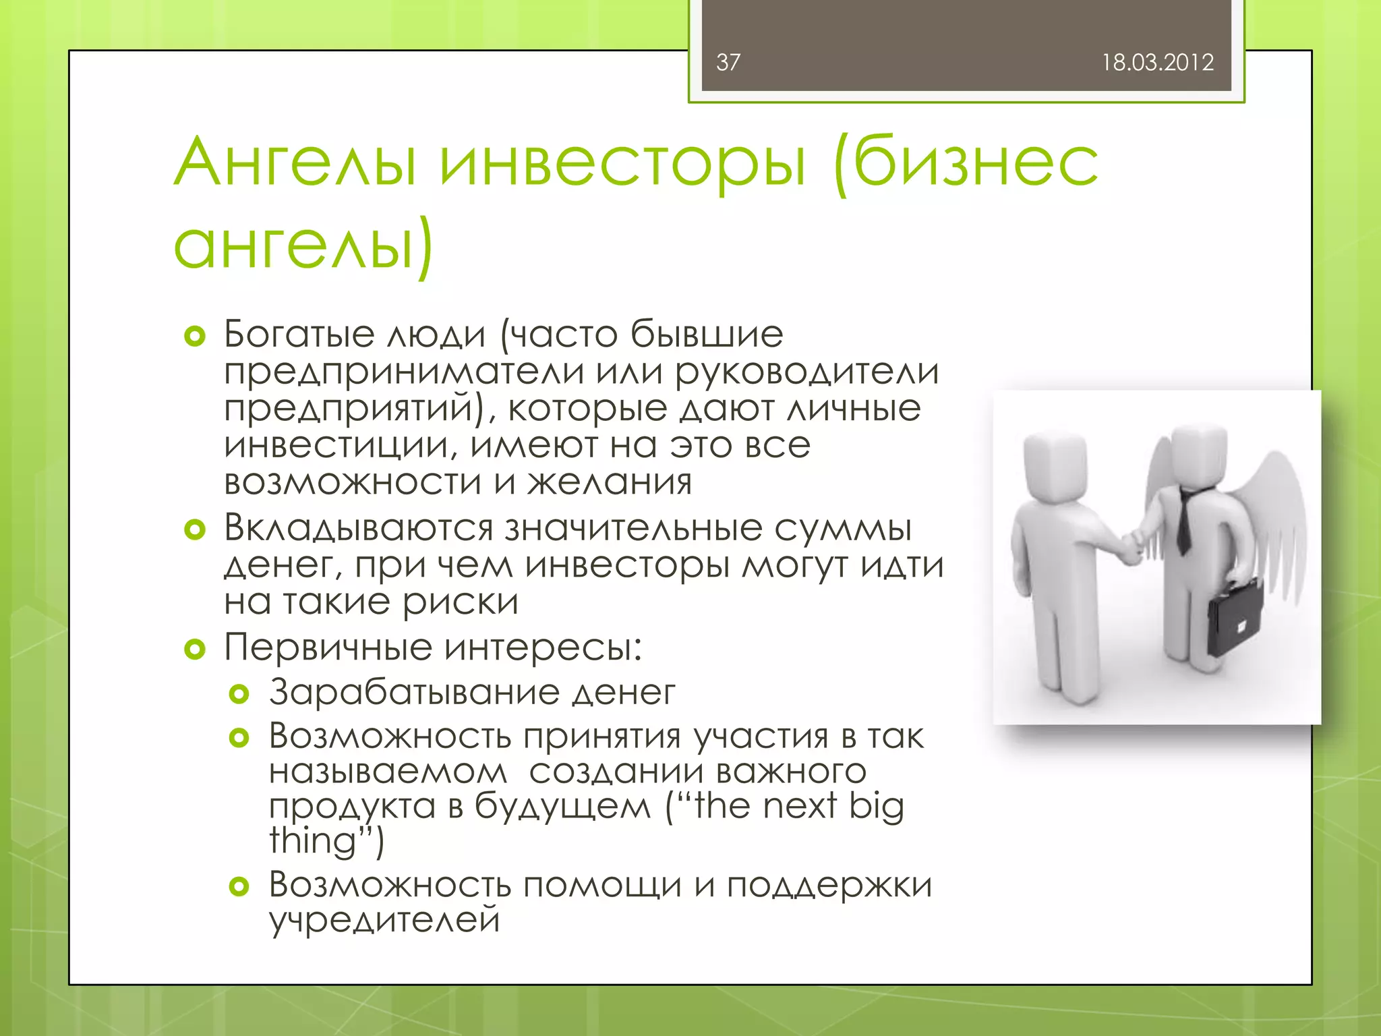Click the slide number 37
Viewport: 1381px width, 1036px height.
(728, 63)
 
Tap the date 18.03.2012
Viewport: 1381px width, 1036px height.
(1157, 63)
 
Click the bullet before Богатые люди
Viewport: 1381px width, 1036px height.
(194, 336)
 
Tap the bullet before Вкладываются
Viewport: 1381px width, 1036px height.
(194, 530)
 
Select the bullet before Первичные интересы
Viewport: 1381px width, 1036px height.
(194, 650)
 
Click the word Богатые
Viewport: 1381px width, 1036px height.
(299, 334)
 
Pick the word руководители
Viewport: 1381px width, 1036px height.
(806, 372)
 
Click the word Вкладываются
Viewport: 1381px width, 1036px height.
(358, 528)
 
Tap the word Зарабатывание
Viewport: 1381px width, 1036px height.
(414, 693)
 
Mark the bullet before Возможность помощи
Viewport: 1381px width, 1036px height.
(239, 886)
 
